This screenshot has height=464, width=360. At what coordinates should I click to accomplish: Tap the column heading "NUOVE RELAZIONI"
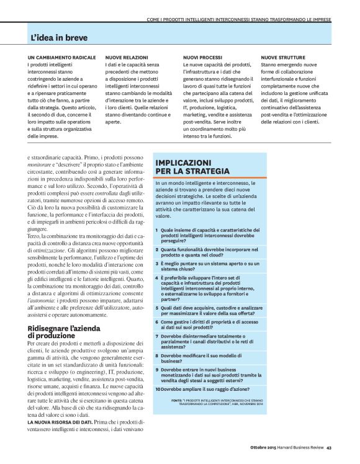126,58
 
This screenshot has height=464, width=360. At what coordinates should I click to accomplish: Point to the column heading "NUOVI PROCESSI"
202,58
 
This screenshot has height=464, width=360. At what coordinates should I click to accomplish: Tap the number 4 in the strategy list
157,278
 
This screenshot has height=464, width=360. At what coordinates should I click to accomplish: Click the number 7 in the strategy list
157,336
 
